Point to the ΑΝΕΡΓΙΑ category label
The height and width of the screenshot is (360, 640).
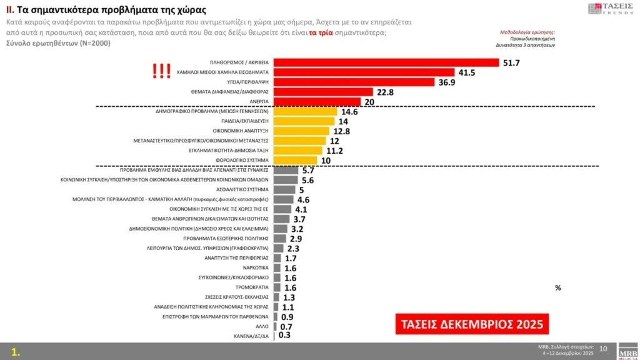pyautogui.click(x=256, y=102)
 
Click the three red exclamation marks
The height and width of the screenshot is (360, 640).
pyautogui.click(x=162, y=72)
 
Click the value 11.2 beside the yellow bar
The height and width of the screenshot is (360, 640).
pyautogui.click(x=336, y=151)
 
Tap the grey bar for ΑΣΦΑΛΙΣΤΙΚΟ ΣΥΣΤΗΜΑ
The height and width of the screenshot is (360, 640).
pyautogui.click(x=284, y=189)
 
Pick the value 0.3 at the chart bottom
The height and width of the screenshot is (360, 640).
pyautogui.click(x=284, y=336)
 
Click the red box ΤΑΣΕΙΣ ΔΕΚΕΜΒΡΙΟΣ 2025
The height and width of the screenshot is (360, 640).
pyautogui.click(x=472, y=324)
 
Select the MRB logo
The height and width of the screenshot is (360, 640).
pyautogui.click(x=627, y=351)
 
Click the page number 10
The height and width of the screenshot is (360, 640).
pyautogui.click(x=603, y=348)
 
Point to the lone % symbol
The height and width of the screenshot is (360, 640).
pyautogui.click(x=557, y=287)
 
